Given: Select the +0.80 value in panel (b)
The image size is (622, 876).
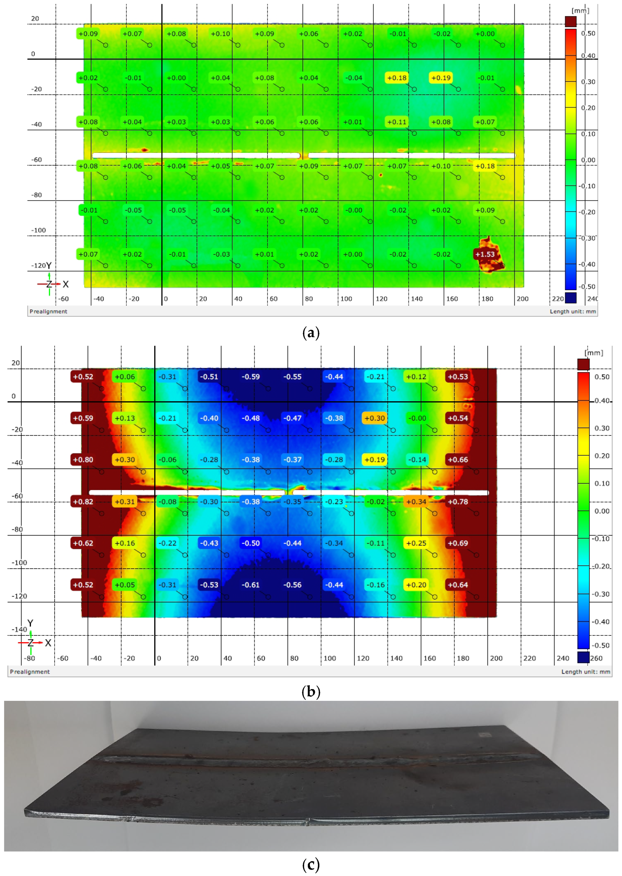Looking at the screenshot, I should coord(83,460).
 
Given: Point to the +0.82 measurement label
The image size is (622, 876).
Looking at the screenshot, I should coord(83,502).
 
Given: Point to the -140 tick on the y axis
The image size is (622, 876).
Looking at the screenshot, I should coord(19,629).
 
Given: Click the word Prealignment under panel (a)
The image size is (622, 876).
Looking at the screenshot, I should coord(48,311).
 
